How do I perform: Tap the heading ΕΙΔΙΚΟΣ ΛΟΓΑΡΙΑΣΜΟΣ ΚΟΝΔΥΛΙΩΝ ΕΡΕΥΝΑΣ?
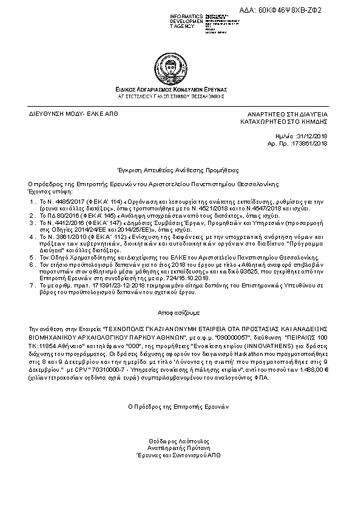pos(180,89)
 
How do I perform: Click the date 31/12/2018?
pos(312,137)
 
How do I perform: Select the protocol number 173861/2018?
pos(309,144)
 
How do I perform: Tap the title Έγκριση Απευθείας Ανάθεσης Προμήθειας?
pos(180,170)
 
